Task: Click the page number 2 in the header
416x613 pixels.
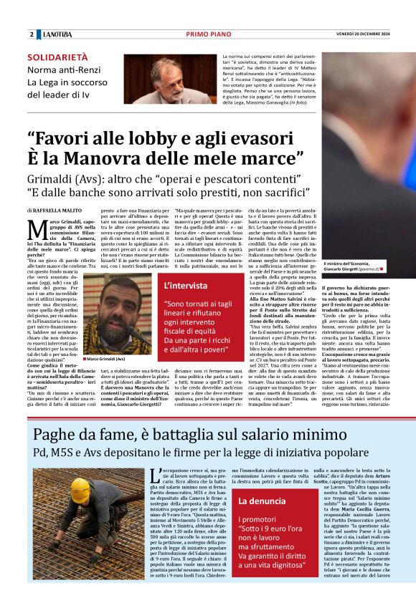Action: tap(32, 34)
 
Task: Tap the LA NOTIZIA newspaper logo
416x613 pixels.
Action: tap(57, 34)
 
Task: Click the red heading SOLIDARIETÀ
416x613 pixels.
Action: tap(57, 57)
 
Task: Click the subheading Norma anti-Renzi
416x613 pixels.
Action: tap(61, 69)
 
